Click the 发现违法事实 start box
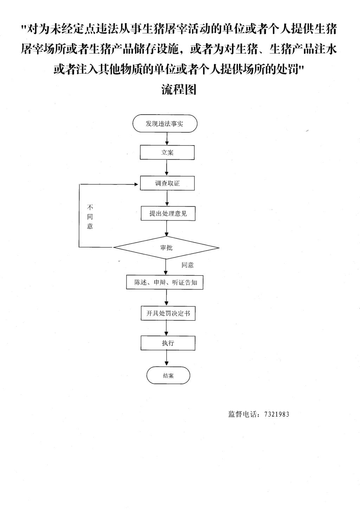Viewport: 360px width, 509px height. [x=165, y=123]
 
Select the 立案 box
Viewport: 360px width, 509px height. [x=167, y=153]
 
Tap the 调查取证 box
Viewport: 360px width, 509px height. [x=167, y=183]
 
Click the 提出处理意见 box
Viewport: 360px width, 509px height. [x=168, y=213]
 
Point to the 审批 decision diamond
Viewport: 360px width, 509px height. [x=166, y=248]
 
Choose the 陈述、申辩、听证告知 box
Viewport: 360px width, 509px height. [x=165, y=283]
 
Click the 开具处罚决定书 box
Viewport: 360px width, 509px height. [x=168, y=313]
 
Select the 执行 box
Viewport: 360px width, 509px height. [x=168, y=343]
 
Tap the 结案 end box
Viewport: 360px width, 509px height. [x=168, y=375]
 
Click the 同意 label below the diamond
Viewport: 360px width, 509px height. [x=187, y=265]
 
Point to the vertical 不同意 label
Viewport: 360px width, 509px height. [x=90, y=217]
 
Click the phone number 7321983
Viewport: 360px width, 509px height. [x=277, y=414]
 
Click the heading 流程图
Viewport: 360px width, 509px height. [x=179, y=89]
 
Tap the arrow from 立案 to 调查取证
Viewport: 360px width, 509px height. [x=167, y=168]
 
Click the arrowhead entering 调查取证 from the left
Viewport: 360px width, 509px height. [x=136, y=184]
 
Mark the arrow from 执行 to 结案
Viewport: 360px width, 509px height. [x=167, y=358]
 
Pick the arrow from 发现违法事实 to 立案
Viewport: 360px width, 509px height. [x=167, y=139]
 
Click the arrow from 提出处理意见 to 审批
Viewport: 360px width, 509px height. [x=167, y=228]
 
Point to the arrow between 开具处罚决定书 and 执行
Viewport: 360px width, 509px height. [x=166, y=328]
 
